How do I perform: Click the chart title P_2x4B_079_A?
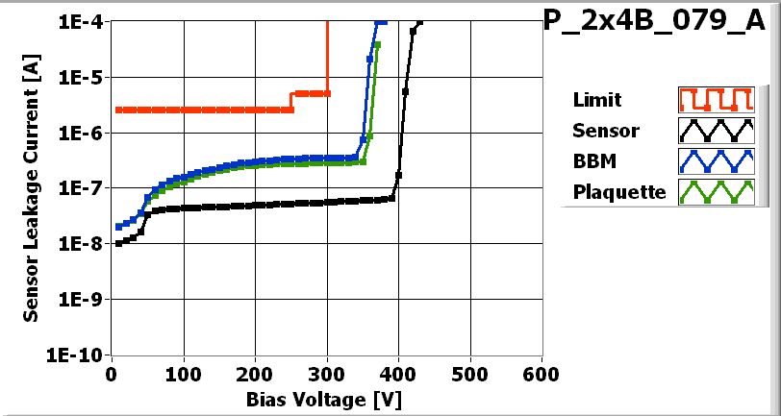661,23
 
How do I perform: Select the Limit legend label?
596,100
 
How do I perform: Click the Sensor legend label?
605,131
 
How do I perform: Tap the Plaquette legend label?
618,192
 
